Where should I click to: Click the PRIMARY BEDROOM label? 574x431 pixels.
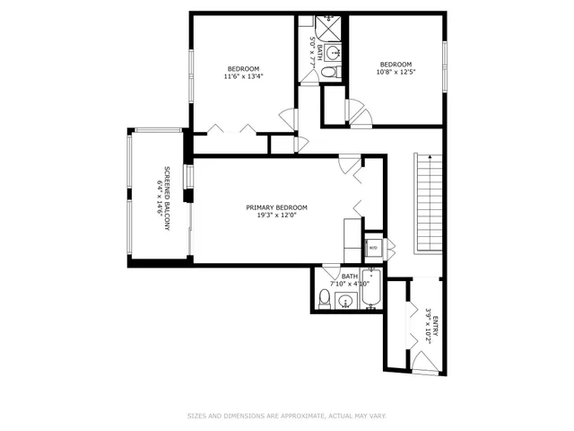(x=276, y=207)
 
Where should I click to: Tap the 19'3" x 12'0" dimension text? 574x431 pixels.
(x=276, y=215)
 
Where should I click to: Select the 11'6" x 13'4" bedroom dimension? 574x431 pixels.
(x=244, y=77)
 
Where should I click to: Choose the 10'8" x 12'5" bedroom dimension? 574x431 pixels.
(x=396, y=72)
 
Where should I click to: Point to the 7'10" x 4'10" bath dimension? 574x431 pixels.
(x=348, y=284)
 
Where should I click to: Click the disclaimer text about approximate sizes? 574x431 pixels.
(x=286, y=416)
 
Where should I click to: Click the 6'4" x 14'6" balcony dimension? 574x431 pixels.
(x=159, y=198)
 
